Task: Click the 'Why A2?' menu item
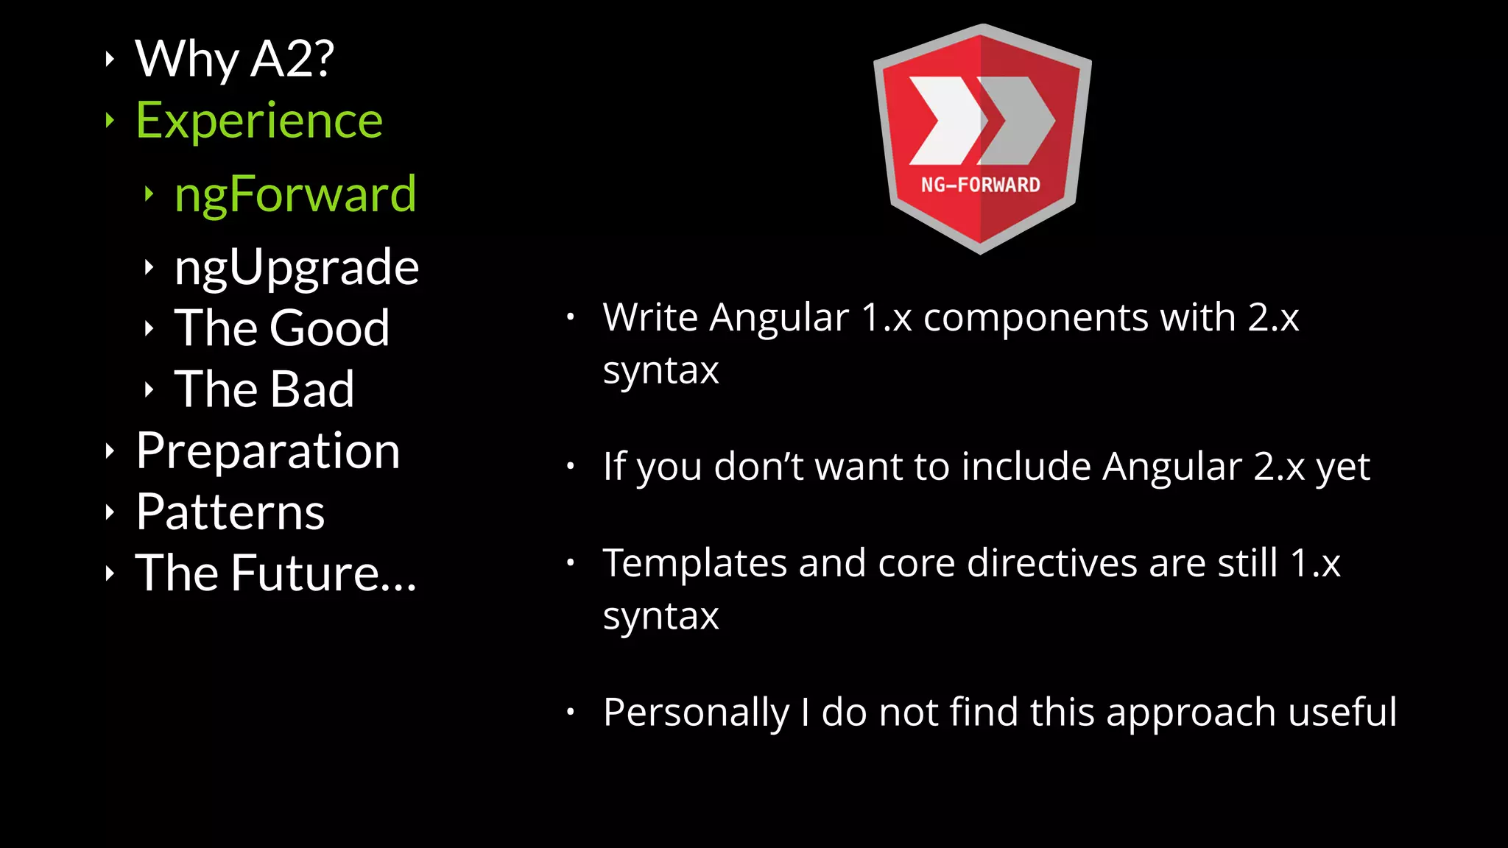pyautogui.click(x=234, y=59)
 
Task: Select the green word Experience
pyautogui.click(x=259, y=121)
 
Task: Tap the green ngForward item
pyautogui.click(x=295, y=194)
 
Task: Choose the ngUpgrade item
pyautogui.click(x=297, y=267)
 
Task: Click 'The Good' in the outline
pyautogui.click(x=282, y=328)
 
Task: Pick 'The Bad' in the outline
pyautogui.click(x=264, y=389)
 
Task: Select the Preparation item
pyautogui.click(x=268, y=451)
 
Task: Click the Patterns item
pyautogui.click(x=230, y=512)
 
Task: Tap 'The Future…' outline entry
pyautogui.click(x=276, y=573)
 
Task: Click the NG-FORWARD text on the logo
pyautogui.click(x=980, y=185)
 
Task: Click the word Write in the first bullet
pyautogui.click(x=650, y=318)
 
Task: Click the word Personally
pyautogui.click(x=695, y=713)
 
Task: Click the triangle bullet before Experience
pyautogui.click(x=110, y=120)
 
